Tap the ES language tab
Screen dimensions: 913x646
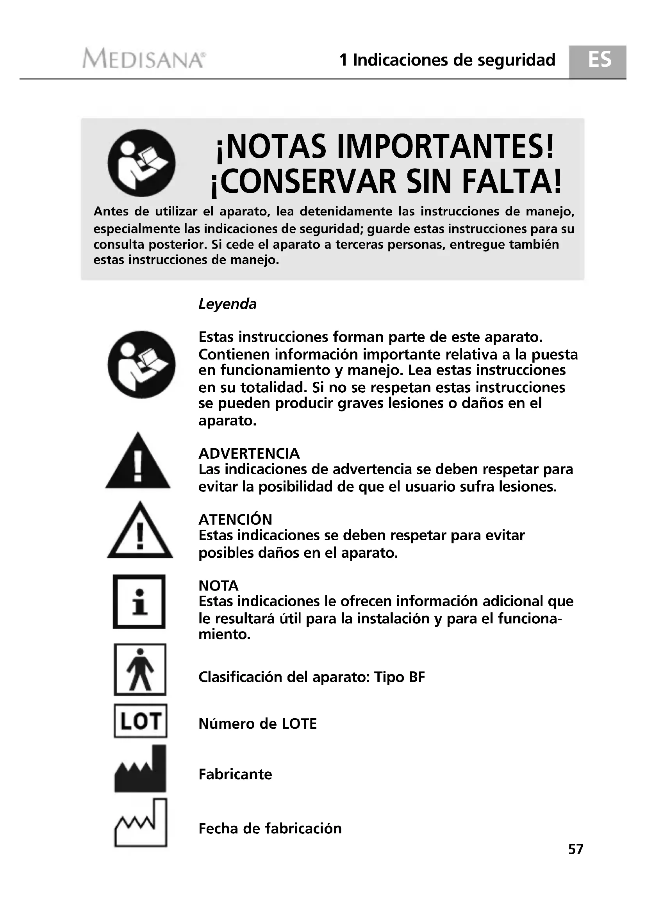pyautogui.click(x=599, y=61)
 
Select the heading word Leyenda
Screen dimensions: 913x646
pyautogui.click(x=227, y=304)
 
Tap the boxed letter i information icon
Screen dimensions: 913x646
pyautogui.click(x=139, y=601)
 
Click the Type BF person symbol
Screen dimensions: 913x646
pyautogui.click(x=140, y=670)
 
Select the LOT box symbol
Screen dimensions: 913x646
pyautogui.click(x=141, y=721)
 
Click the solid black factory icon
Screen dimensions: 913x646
pyautogui.click(x=141, y=769)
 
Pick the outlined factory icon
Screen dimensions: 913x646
pyautogui.click(x=141, y=823)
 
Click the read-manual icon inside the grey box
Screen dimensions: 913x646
pyautogui.click(x=141, y=163)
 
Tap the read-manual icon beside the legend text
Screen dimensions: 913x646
pyautogui.click(x=141, y=365)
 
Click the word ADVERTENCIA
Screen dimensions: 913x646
pyautogui.click(x=249, y=454)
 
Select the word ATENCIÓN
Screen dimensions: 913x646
pyautogui.click(x=235, y=520)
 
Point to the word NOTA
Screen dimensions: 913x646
pyautogui.click(x=218, y=586)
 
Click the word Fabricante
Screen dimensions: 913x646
pyautogui.click(x=235, y=774)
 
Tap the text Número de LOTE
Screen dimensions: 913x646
pyautogui.click(x=257, y=724)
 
